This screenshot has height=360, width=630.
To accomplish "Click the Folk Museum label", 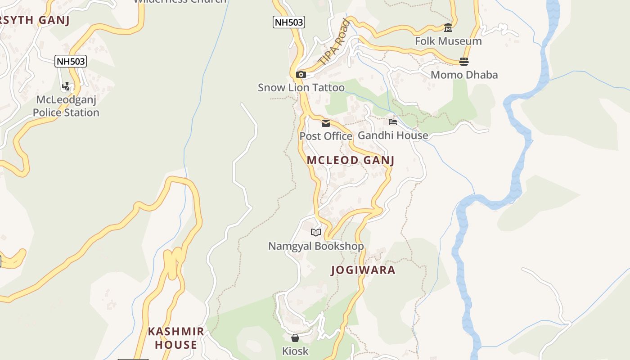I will (448, 41).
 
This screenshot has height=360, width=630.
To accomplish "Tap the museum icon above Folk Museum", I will (448, 28).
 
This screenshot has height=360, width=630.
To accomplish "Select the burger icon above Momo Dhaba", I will (464, 61).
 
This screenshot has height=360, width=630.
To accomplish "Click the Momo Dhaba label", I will (464, 75).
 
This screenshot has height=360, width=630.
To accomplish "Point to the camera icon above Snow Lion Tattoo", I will (301, 75).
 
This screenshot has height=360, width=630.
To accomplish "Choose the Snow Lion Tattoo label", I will (301, 88).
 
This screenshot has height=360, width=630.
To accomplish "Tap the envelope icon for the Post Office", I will (326, 123).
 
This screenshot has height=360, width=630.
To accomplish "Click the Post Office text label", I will (326, 136).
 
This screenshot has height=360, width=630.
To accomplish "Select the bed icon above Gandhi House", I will (393, 122).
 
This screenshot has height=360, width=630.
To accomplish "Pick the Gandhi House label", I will (393, 135).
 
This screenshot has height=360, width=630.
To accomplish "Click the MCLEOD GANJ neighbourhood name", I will (351, 160).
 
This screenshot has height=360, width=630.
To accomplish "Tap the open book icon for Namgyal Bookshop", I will (316, 232).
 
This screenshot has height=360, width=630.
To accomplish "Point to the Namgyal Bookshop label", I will (316, 246).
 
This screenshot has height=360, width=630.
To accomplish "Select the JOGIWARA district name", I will (363, 270).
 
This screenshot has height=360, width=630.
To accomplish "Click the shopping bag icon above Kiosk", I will (295, 337).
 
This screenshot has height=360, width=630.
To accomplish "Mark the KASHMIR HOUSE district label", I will (176, 338).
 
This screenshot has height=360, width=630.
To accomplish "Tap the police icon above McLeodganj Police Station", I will (66, 86).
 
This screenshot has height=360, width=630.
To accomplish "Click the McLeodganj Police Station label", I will (66, 106).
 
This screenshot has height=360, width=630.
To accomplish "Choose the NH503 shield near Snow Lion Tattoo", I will (288, 22).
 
